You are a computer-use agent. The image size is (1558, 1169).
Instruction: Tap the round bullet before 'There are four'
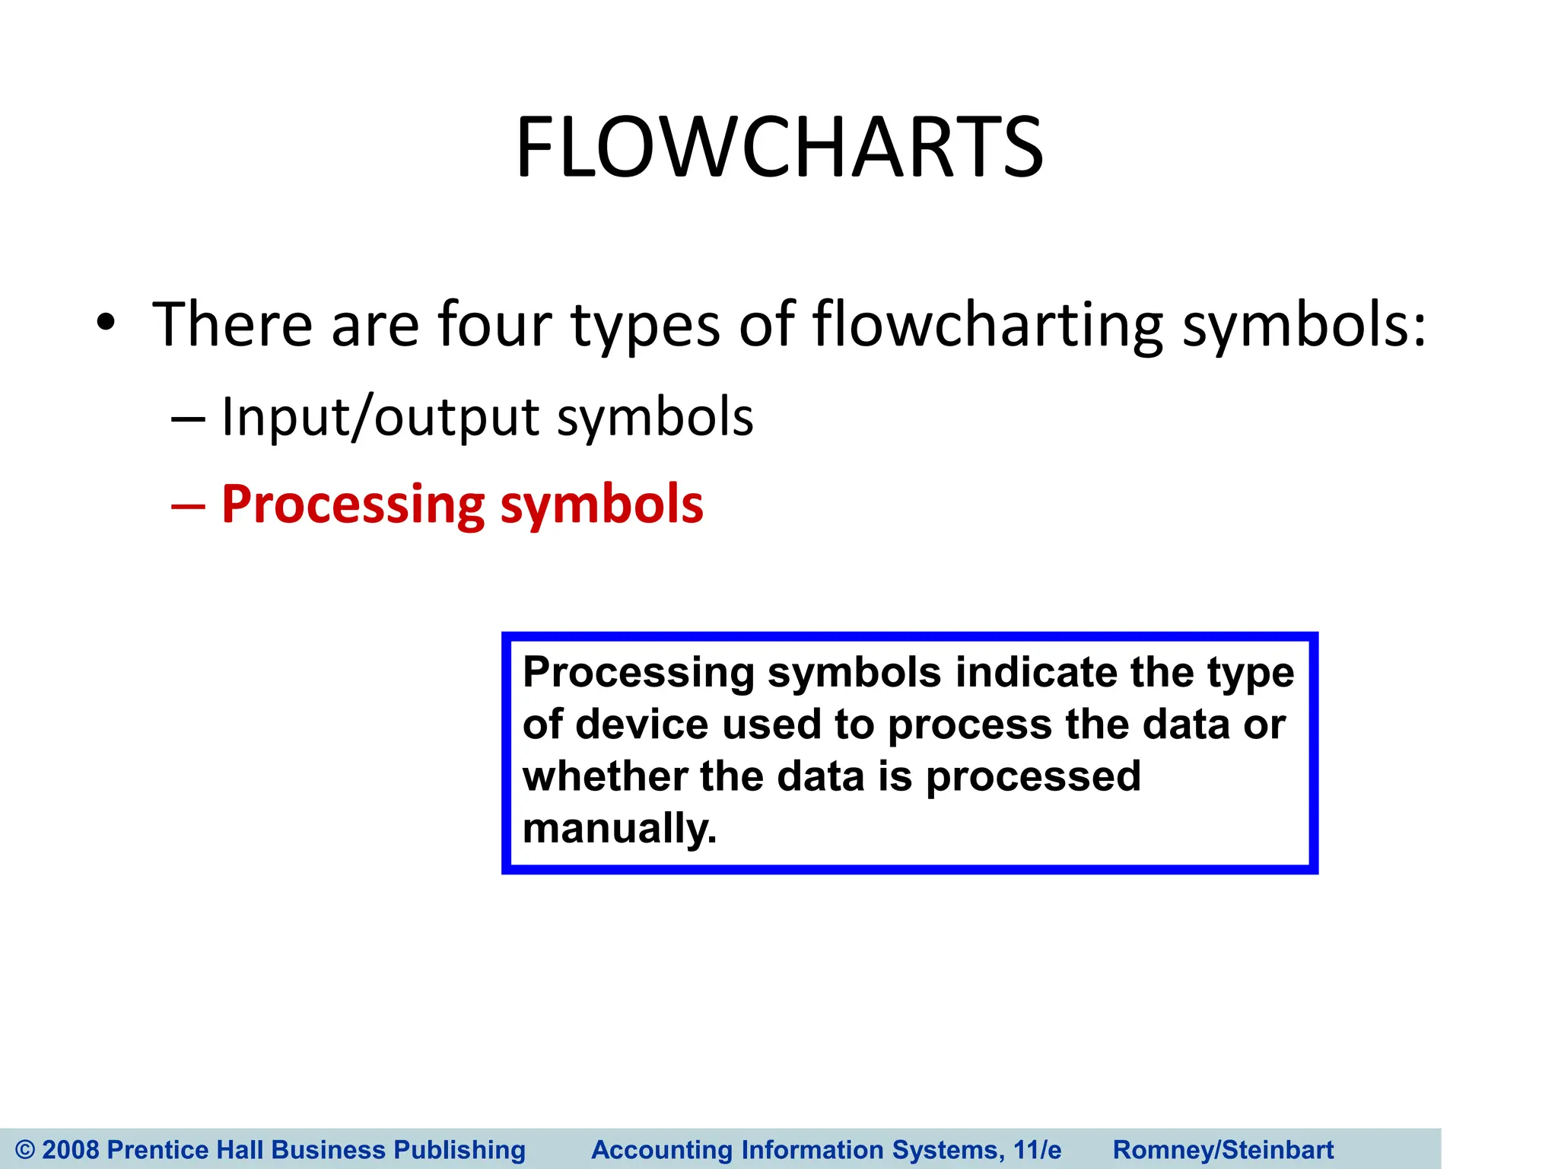(x=106, y=323)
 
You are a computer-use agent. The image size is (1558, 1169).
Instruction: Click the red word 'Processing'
(x=352, y=505)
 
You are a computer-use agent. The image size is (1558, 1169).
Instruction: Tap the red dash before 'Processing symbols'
(x=188, y=506)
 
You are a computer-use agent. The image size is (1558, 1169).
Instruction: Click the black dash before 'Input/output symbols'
(x=188, y=419)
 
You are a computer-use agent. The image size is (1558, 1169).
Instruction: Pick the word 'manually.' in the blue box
(x=619, y=829)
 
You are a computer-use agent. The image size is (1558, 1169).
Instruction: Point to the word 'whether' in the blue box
(x=604, y=777)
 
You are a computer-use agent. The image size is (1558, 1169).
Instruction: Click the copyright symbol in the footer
(x=24, y=1149)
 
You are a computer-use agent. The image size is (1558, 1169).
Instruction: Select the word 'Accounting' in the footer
(x=661, y=1149)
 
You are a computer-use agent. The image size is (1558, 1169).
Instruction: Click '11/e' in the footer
(x=1037, y=1149)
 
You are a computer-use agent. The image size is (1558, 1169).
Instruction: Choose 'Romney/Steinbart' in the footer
(x=1223, y=1149)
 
